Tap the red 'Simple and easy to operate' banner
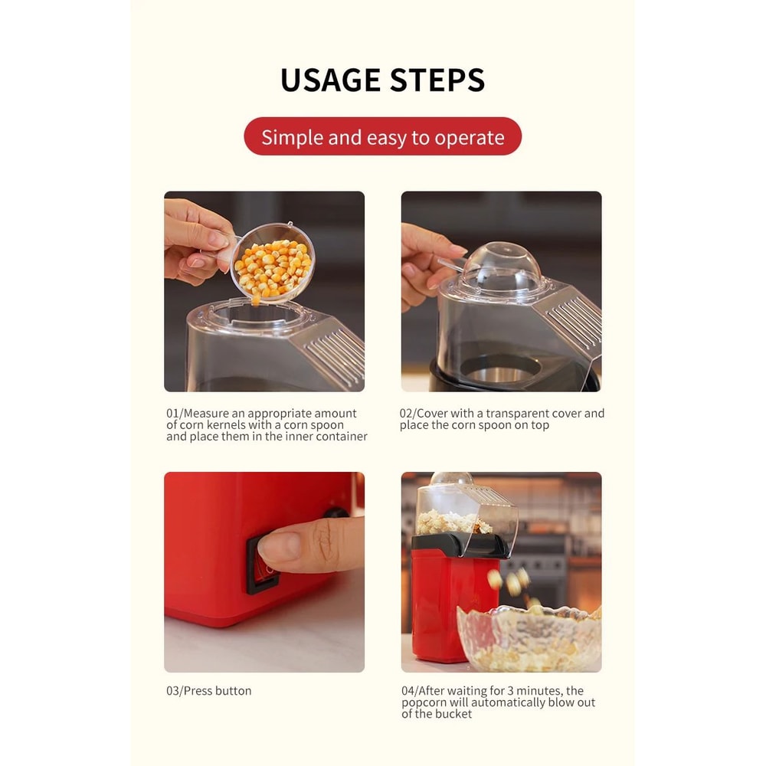coord(382,137)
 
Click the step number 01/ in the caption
coord(175,414)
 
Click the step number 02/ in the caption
coord(408,414)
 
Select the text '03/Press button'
coord(208,691)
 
